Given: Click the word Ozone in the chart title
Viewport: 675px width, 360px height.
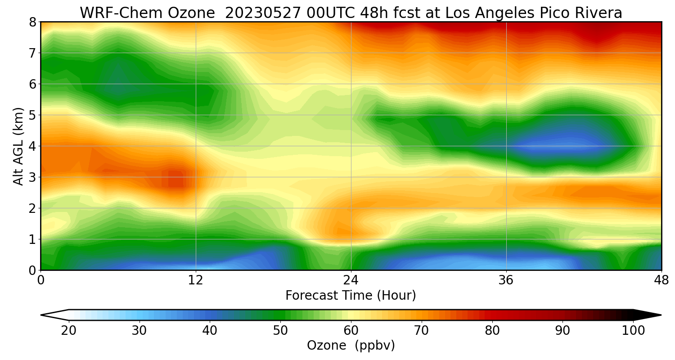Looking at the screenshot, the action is (191, 13).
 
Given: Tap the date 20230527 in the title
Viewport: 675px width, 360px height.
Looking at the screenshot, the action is (263, 13).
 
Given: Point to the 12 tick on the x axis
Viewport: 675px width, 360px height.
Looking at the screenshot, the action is (196, 281).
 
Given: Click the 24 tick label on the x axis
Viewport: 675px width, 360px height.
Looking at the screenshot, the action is (351, 281).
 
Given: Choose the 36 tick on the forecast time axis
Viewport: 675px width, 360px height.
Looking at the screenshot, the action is (506, 281).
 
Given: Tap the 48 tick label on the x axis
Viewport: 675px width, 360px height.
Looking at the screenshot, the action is (661, 281).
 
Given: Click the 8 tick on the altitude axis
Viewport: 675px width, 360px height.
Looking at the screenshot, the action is (32, 22).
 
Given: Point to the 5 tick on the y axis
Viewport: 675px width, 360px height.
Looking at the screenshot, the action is (32, 115).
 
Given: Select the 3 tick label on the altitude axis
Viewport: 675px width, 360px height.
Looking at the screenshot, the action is (32, 177).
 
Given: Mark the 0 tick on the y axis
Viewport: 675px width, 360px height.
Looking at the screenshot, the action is (32, 270).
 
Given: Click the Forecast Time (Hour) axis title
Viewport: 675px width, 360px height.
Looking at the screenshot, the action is (351, 296).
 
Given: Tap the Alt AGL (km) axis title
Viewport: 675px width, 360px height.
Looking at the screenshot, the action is (18, 146).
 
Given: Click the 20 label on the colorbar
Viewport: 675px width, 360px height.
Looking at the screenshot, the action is (69, 331).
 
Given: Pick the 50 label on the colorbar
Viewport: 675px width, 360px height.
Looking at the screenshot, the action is (280, 331).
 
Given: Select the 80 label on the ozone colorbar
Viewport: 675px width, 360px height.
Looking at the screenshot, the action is (492, 331).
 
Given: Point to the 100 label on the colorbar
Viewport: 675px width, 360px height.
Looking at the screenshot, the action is (634, 331).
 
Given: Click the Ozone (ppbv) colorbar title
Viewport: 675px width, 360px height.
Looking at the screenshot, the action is (351, 346).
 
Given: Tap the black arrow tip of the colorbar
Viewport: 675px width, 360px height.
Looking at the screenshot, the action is (661, 315).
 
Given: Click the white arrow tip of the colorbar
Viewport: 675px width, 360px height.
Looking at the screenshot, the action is (41, 315).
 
